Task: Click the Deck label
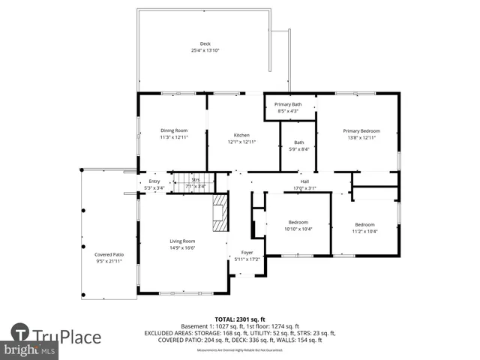click(x=205, y=44)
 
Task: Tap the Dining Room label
click(x=173, y=130)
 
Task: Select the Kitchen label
click(x=241, y=135)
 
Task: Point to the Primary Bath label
click(x=287, y=104)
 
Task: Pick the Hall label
click(x=304, y=181)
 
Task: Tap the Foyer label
click(x=247, y=253)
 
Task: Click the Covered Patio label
click(x=109, y=255)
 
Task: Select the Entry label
click(x=154, y=181)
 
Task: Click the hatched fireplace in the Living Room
click(x=219, y=215)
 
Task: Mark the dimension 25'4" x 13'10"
click(x=205, y=51)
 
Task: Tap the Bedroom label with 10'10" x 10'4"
click(x=298, y=222)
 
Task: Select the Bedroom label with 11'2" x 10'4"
click(x=364, y=224)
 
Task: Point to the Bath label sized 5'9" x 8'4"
click(x=299, y=142)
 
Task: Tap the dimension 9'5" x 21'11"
click(x=109, y=262)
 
